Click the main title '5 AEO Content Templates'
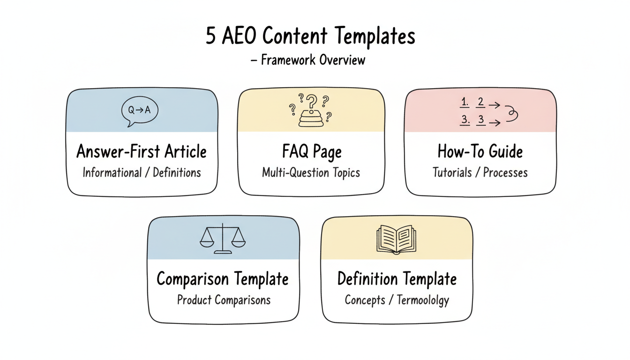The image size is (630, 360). click(x=310, y=37)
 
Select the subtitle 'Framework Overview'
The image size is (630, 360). click(x=312, y=60)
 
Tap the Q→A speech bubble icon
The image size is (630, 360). click(x=140, y=111)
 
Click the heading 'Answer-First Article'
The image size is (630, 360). click(x=142, y=151)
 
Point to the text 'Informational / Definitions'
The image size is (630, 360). click(x=142, y=172)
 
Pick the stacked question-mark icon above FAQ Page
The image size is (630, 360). click(x=309, y=112)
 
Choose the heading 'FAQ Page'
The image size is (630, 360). click(x=311, y=152)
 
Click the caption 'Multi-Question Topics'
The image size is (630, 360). click(x=311, y=172)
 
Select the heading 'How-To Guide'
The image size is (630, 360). click(x=480, y=151)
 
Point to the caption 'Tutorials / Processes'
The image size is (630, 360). click(x=480, y=172)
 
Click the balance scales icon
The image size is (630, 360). click(x=223, y=240)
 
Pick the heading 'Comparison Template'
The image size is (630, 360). click(x=223, y=279)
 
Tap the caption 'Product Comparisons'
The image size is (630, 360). click(x=224, y=300)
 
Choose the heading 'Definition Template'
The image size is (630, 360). click(x=397, y=279)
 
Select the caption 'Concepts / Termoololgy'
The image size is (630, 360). click(x=397, y=300)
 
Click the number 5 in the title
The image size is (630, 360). click(x=211, y=37)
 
